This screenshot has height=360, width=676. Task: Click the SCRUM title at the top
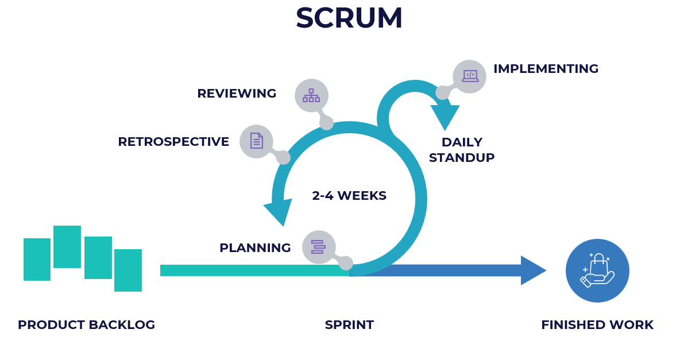click(349, 18)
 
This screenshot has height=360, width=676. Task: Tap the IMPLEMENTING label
click(546, 69)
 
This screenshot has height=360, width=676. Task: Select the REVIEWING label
click(237, 94)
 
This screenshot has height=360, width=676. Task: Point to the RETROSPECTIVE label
click(173, 142)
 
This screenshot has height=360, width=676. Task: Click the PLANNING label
click(255, 248)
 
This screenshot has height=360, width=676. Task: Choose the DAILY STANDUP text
click(462, 150)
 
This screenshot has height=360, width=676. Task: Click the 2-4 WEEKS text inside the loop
click(349, 196)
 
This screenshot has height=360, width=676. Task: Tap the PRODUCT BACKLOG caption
click(87, 325)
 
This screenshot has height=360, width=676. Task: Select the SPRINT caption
click(349, 325)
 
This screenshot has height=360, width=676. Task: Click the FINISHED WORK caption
click(597, 325)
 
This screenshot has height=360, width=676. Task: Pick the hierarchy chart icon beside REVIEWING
click(311, 95)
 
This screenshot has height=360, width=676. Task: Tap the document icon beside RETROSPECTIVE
click(256, 141)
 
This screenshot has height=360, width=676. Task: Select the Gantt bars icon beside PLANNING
click(318, 247)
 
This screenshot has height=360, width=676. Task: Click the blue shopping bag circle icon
click(597, 270)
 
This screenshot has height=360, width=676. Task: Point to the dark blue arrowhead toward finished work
click(532, 270)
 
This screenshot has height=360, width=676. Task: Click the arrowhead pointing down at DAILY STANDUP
click(445, 117)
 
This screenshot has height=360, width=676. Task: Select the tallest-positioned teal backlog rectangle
click(67, 247)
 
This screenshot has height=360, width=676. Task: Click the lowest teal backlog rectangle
click(128, 270)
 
